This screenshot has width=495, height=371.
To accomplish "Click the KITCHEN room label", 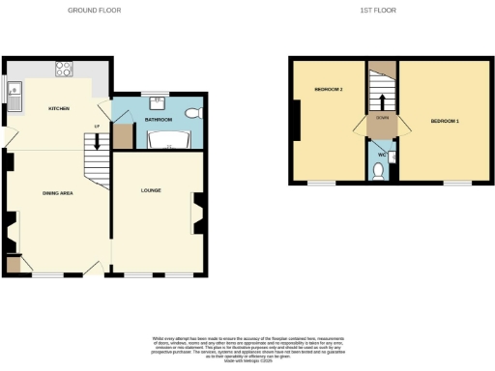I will coord(58,108).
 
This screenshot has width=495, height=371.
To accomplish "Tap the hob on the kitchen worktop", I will coord(65,69).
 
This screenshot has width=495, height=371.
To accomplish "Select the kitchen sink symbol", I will coord(15,93).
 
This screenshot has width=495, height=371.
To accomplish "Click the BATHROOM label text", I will coord(159,119).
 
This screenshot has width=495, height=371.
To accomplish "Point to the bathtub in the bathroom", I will coord(164,141).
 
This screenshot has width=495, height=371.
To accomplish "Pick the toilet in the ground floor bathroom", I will coord(192,113).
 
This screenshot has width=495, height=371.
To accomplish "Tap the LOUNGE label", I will coord(150,190).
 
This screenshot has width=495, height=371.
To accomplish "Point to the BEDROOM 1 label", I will coord(445,121).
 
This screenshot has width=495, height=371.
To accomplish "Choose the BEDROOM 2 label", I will coord(329,89).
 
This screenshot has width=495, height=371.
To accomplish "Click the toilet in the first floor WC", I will coord(379,171).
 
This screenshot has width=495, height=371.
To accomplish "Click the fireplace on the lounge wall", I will coord(198,214).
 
